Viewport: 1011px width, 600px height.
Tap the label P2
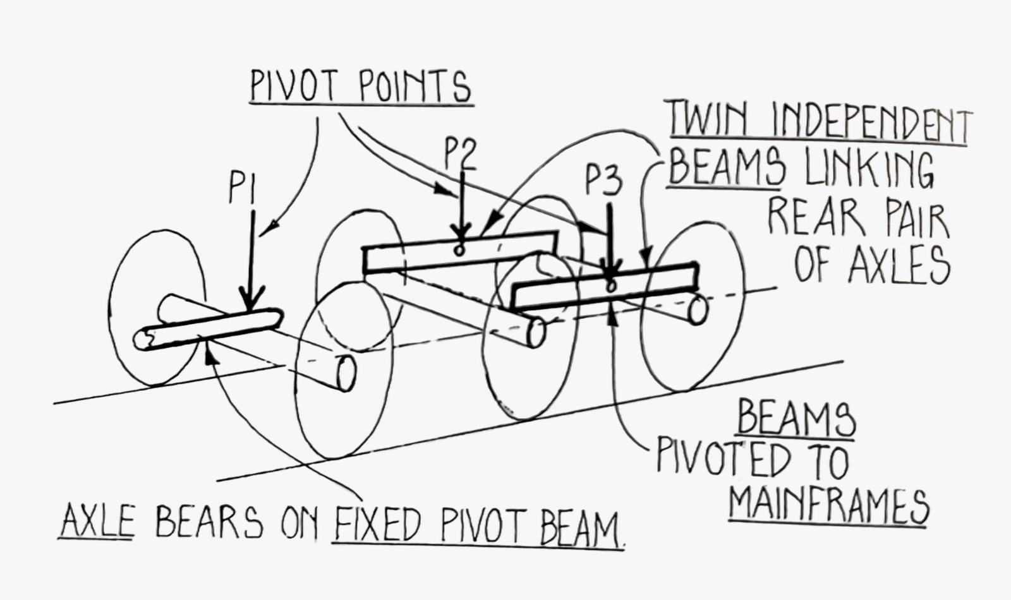[460, 153]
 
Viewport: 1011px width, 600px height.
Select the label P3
[603, 179]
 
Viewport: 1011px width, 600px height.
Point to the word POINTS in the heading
[415, 87]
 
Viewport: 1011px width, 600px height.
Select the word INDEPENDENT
[872, 126]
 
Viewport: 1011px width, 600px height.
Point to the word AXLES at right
[899, 264]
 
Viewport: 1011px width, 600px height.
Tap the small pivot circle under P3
[610, 286]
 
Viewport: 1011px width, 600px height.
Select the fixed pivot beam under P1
[209, 328]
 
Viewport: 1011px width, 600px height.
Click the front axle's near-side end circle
[346, 374]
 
